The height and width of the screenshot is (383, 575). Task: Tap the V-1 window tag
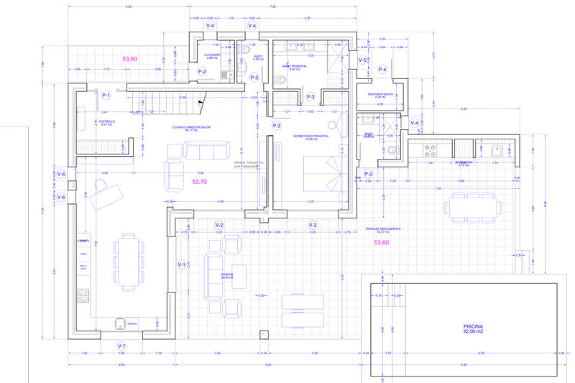point(182,264)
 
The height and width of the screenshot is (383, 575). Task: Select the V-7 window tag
point(121,346)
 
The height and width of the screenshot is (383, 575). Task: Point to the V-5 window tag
point(363,60)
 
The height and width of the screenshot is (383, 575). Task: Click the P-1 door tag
point(106,95)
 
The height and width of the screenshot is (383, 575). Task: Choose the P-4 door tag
point(383,70)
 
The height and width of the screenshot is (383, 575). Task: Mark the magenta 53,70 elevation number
point(199,182)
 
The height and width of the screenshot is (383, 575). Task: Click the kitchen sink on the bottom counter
point(120,322)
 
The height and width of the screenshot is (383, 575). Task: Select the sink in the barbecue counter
point(497,151)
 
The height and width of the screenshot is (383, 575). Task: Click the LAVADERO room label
point(211,55)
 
